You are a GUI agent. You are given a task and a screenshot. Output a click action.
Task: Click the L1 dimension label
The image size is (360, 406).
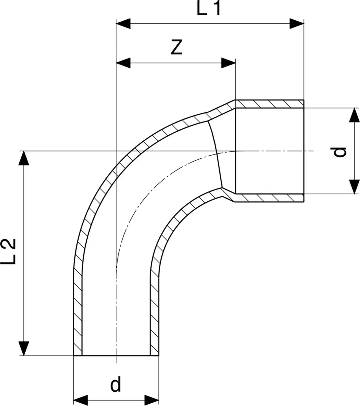pos(209,8)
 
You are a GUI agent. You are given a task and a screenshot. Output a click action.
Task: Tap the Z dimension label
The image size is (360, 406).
pos(176,47)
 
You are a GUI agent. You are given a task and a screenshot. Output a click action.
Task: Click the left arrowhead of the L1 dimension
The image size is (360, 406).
pos(123,24)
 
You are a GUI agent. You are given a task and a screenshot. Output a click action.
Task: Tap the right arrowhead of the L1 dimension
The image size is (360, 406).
pos(297,24)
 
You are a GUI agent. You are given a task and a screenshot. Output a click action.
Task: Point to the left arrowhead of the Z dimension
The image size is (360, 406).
pos(123,63)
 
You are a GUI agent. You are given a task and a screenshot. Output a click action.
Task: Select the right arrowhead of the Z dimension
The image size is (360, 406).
pos(228,63)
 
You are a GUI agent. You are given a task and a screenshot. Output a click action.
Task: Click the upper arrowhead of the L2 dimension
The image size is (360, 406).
pos(24,158)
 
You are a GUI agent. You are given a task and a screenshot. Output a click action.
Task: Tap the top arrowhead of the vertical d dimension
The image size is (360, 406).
pos(354,115)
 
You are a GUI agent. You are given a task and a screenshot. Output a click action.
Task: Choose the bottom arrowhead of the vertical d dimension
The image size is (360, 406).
pos(354,187)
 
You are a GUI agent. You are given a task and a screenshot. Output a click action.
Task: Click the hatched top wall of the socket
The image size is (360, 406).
pos(269,104)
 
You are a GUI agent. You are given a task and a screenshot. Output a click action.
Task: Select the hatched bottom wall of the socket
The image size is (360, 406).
pos(269,198)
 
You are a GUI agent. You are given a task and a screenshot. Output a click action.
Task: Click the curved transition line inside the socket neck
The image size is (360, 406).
pos(217,154)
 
